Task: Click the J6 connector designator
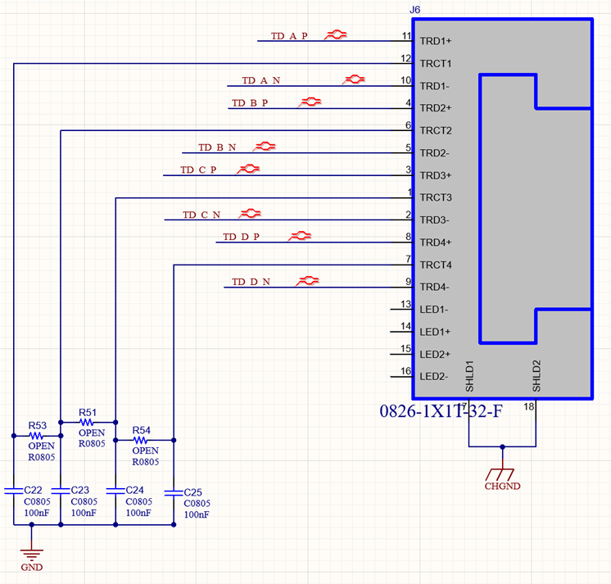415,10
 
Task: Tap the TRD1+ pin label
435,41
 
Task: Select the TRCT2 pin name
436,130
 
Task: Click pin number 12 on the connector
405,58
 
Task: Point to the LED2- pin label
434,376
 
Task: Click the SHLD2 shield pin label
536,376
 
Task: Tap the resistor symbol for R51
87,423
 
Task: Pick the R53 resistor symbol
36,436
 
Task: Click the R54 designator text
141,430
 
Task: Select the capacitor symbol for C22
14,491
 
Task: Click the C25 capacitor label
193,492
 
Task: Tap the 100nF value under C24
138,513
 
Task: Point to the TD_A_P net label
289,36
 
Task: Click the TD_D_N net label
251,282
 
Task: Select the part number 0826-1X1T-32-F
441,411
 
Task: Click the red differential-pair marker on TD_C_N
250,214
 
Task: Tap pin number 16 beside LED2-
405,371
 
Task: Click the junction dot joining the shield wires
503,447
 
